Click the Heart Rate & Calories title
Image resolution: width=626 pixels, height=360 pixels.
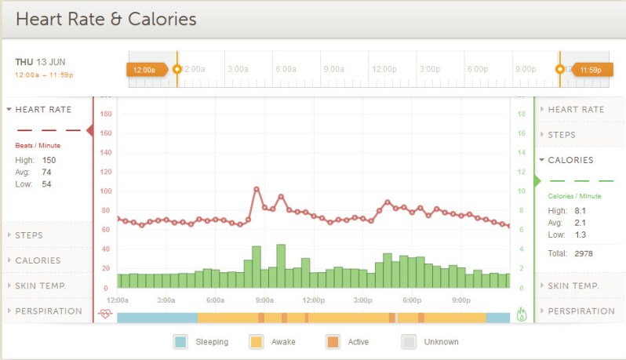coord(106,18)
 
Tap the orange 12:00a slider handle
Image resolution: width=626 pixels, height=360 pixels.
coord(145,70)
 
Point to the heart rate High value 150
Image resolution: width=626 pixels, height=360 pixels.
coord(49,160)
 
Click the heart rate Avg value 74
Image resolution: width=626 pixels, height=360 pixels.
coord(46,172)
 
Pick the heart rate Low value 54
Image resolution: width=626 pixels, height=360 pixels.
coord(46,184)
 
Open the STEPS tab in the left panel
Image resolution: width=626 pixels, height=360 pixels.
coord(29,235)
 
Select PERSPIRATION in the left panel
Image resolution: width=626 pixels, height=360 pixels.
coord(48,311)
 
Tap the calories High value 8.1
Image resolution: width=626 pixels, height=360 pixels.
coord(581,211)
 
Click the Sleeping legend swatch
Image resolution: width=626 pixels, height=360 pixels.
coord(180,341)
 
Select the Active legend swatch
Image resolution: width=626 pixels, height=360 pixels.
coord(333,341)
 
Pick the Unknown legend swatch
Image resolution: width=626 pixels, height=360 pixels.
coord(409,341)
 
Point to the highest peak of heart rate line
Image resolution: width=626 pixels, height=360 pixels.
coord(257,189)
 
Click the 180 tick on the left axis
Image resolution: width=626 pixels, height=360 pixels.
coord(107,114)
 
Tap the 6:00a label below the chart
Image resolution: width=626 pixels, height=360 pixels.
coord(215,300)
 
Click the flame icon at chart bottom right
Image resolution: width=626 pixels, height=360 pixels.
coord(522,315)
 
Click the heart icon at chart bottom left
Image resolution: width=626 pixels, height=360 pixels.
coord(105,315)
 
